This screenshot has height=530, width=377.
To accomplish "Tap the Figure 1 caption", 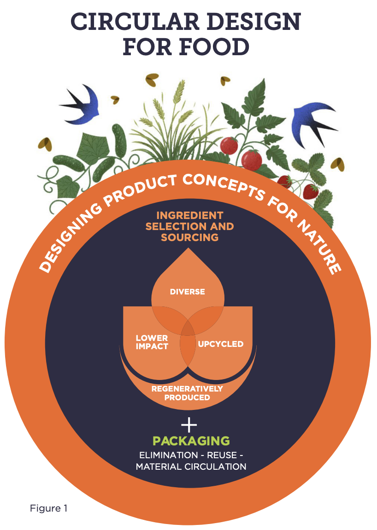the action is tap(48, 508).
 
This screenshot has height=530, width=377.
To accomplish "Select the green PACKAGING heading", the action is tap(191, 440).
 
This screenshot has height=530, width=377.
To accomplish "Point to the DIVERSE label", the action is tap(188, 292).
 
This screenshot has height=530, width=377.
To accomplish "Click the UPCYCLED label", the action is tap(220, 344).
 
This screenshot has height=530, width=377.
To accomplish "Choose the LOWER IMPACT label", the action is tap(152, 342).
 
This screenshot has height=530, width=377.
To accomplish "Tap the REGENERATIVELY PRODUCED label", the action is tap(187, 393).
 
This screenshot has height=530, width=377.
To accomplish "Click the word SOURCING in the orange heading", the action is tap(189, 237).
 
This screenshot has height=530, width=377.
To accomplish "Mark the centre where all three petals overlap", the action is tap(188, 328).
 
